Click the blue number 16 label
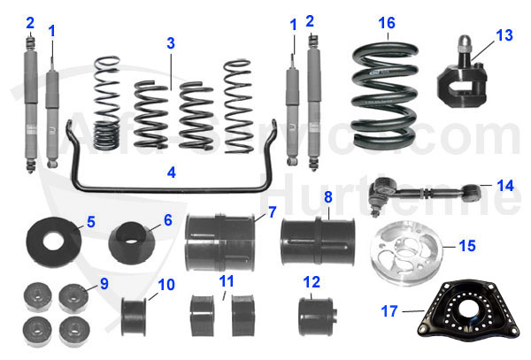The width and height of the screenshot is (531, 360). point(386,22)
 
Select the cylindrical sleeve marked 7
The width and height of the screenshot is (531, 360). point(217,241)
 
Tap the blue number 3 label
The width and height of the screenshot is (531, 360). point(171,42)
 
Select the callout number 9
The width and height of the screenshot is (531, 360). point(104,284)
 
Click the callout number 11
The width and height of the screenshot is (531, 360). point(227,281)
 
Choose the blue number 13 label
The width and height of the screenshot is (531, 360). point(504,35)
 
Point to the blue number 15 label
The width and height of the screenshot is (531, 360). point(468,244)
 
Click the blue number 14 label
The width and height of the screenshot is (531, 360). point(505,187)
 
